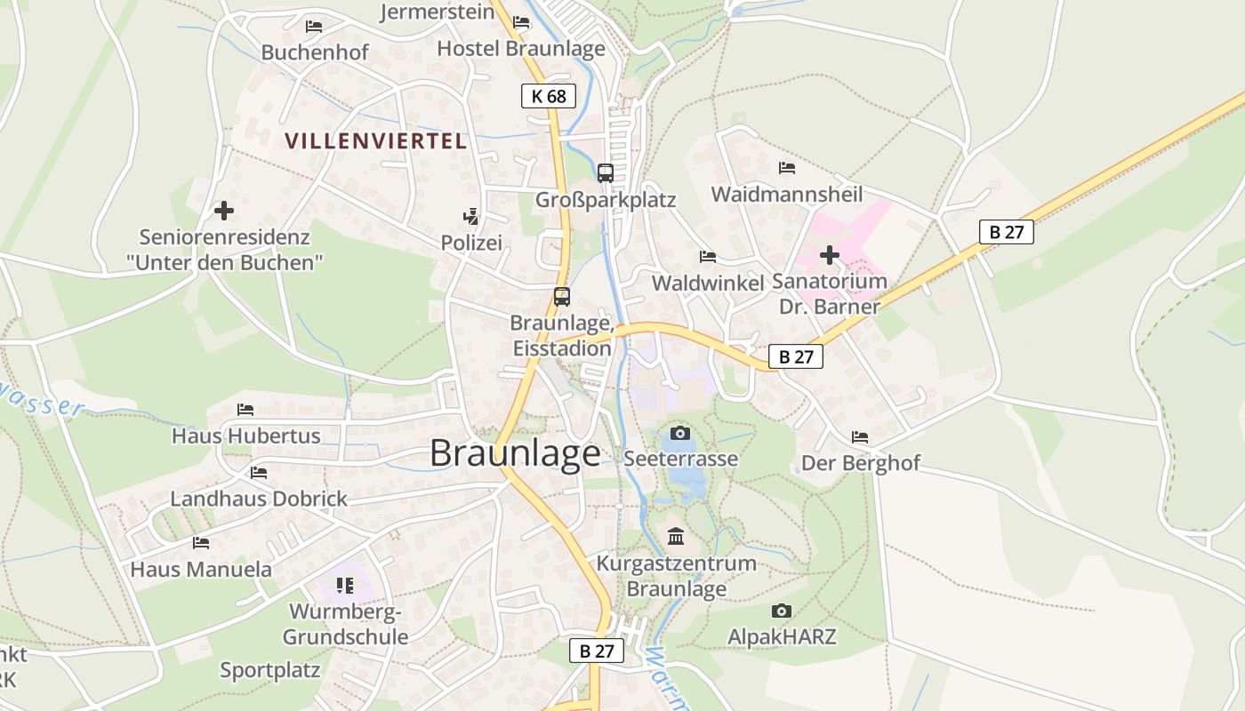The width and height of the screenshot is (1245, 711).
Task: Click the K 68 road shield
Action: click(549, 96)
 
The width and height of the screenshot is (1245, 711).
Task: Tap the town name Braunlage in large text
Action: click(515, 453)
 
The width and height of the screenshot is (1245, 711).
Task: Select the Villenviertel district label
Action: click(376, 140)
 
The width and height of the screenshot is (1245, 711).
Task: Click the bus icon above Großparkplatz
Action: click(606, 172)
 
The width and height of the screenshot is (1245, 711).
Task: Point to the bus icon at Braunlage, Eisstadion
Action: click(562, 297)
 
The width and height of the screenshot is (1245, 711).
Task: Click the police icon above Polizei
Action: click(470, 216)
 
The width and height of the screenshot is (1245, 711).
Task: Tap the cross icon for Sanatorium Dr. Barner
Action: click(830, 256)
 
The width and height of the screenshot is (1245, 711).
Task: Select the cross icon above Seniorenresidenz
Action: click(224, 211)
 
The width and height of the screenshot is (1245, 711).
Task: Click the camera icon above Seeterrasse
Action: click(680, 433)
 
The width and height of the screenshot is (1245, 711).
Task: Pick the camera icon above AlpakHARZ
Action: click(782, 611)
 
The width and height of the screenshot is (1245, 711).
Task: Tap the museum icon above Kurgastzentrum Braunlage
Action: click(676, 537)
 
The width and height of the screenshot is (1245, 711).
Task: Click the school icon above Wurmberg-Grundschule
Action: click(344, 586)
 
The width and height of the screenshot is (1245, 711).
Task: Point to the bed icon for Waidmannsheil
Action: click(787, 167)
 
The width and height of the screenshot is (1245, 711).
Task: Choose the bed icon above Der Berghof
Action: click(860, 437)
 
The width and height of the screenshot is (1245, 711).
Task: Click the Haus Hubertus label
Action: click(246, 436)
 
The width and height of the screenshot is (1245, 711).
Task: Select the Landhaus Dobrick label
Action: click(259, 499)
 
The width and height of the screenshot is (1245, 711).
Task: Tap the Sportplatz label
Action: click(269, 670)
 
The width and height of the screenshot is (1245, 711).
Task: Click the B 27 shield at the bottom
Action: click(597, 651)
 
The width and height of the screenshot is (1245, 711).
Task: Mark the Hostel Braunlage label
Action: click(521, 49)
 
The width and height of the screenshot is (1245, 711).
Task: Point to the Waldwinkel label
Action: click(708, 283)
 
